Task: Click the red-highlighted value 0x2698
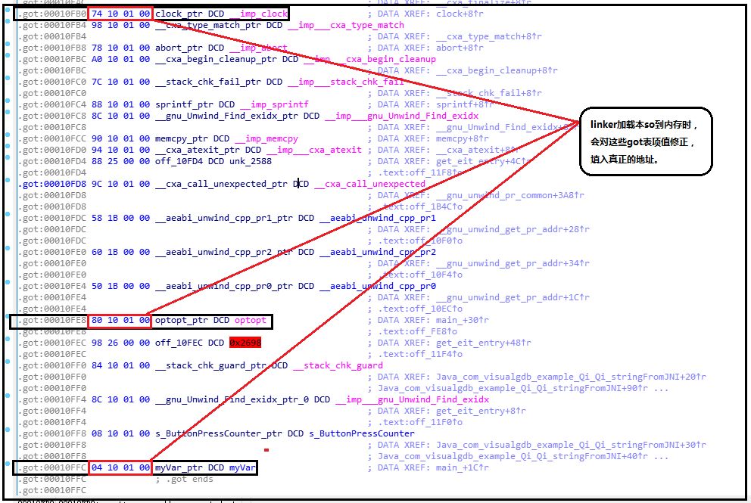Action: click(245, 343)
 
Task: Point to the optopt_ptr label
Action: click(181, 320)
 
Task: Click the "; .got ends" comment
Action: click(185, 479)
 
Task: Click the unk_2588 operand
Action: click(259, 161)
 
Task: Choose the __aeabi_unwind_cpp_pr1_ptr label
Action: click(224, 218)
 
